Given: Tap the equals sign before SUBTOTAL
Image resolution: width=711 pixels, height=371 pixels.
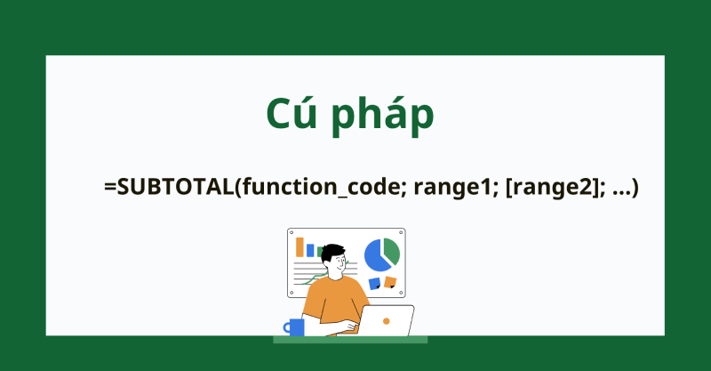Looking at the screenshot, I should [x=110, y=188].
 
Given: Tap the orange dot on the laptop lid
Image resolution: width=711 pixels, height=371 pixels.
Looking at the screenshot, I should [x=386, y=319].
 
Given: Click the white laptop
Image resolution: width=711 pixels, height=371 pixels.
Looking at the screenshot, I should [x=386, y=320].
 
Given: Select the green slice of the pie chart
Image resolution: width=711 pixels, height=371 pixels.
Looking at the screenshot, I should [x=392, y=251].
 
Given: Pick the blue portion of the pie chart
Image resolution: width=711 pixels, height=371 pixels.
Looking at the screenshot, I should [x=375, y=257].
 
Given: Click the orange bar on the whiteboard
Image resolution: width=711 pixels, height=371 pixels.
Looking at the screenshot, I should [x=300, y=246].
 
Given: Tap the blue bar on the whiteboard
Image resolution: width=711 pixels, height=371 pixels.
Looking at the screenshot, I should [x=310, y=250].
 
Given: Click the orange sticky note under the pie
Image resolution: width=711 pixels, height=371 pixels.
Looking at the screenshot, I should [x=390, y=281].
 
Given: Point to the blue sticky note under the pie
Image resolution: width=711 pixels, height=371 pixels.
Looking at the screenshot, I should [x=374, y=283].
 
